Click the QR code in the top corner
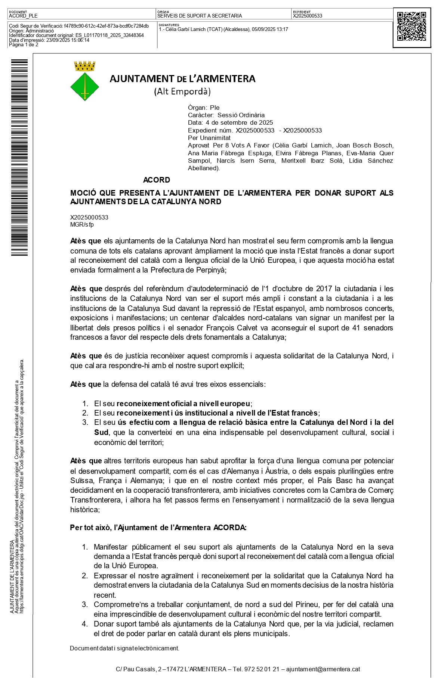point(411,27)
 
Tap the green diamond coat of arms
point(85,87)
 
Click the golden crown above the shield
point(85,66)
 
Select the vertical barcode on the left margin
point(19,157)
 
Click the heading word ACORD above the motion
point(157,180)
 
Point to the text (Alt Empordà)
point(182,91)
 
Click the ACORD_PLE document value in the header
point(23,16)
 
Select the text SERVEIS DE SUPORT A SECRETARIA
point(200,16)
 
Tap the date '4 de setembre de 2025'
point(239,122)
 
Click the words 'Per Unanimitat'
point(209,138)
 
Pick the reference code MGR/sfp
point(82,224)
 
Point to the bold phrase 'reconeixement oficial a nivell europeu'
point(183,404)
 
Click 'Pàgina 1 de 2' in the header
point(24,45)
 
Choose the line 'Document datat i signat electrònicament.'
point(124,648)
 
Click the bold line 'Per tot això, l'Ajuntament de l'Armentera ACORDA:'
point(158,528)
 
